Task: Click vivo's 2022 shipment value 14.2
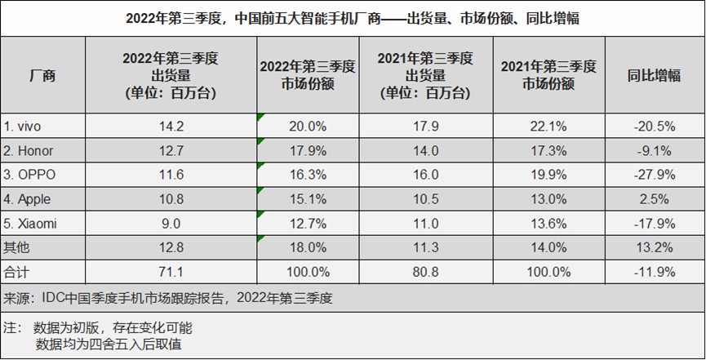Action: [170, 127]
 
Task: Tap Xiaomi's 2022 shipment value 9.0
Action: [170, 223]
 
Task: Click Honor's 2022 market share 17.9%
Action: [298, 151]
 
